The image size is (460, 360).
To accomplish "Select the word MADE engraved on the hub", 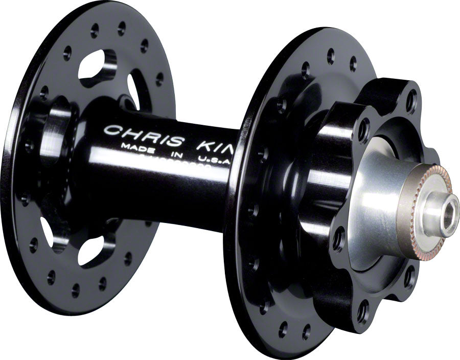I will click(x=134, y=146).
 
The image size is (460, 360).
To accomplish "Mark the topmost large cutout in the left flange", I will click(x=97, y=66).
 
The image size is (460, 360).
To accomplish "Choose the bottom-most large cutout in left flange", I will click(x=92, y=251).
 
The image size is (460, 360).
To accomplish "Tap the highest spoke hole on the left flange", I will click(x=121, y=25).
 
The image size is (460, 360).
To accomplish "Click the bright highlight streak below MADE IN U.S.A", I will click(x=169, y=166).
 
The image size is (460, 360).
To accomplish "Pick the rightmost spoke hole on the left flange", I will click(x=159, y=79).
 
